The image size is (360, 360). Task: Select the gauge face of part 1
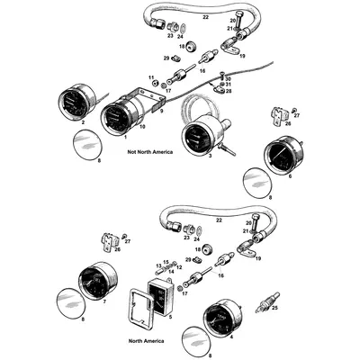[117, 121]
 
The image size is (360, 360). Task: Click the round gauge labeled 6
[283, 163]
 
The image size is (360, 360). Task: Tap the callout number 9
[162, 112]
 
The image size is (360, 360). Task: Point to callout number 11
[151, 79]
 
